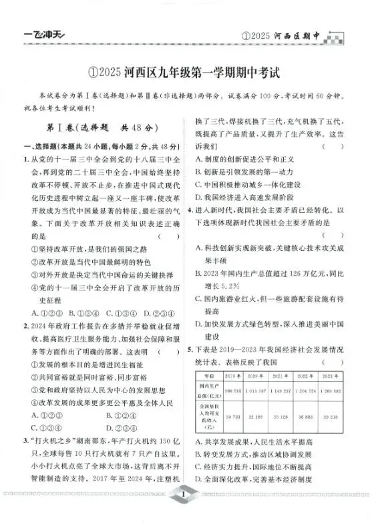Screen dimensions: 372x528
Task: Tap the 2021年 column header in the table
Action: click(x=283, y=378)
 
